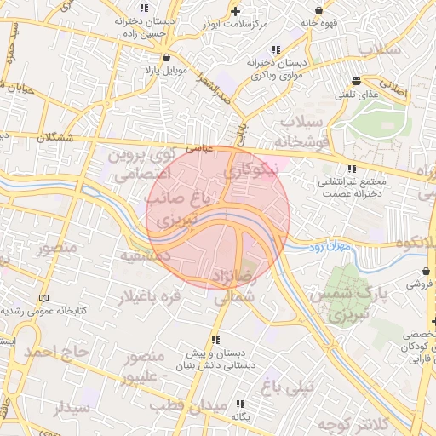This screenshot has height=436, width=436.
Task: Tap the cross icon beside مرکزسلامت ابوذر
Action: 236,10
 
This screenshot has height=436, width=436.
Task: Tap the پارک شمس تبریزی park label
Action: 341,304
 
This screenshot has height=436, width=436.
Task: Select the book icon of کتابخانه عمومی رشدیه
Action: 43,298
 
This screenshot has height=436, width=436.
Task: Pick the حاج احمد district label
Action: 55,351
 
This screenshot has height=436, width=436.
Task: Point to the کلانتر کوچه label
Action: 351,423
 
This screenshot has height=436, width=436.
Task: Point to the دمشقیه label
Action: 141,255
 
